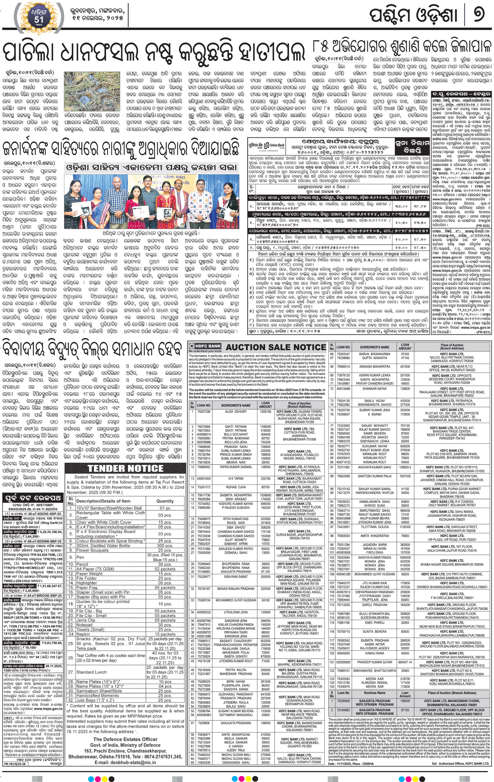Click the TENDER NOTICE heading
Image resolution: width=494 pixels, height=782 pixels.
click(x=125, y=468)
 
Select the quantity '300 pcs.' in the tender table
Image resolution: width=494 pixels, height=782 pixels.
click(x=165, y=545)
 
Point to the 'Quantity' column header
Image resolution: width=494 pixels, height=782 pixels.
click(x=165, y=501)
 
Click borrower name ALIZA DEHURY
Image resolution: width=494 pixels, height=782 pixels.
click(x=236, y=412)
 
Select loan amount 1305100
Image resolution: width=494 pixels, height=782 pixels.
click(x=265, y=412)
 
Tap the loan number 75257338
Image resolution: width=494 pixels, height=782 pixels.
click(x=204, y=412)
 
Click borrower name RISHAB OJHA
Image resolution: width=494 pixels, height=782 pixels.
click(x=236, y=487)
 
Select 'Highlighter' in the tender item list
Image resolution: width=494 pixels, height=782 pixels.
click(x=87, y=583)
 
